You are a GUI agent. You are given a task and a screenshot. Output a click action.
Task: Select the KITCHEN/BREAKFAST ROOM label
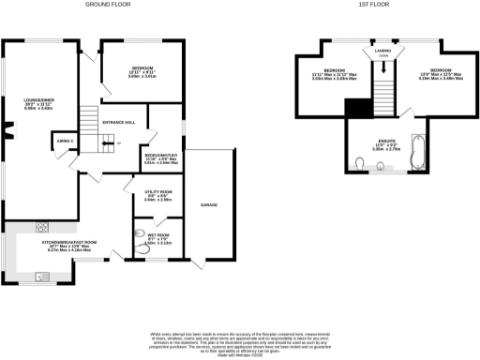click(x=71, y=242)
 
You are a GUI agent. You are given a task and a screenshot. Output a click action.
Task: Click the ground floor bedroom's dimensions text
click(x=142, y=76)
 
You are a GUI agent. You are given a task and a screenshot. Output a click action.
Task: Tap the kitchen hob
click(x=42, y=225)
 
